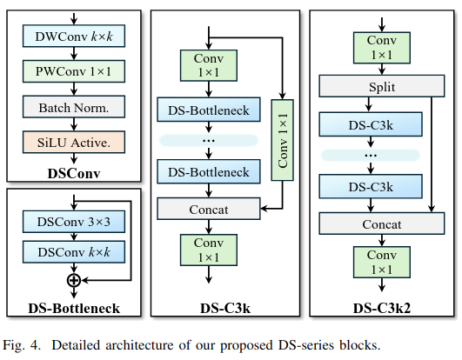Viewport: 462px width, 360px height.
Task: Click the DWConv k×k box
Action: click(74, 36)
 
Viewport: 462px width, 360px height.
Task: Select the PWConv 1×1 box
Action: click(74, 71)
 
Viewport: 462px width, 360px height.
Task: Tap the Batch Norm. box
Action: click(74, 107)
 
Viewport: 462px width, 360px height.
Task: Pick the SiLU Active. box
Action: click(74, 143)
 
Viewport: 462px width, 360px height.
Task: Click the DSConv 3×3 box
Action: click(74, 222)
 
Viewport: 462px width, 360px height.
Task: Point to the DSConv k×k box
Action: click(74, 252)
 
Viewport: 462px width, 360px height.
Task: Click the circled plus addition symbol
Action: click(74, 280)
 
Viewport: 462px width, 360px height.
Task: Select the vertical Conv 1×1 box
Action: click(282, 140)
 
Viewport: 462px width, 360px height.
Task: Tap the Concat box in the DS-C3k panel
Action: click(209, 209)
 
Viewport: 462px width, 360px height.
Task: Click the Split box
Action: click(382, 86)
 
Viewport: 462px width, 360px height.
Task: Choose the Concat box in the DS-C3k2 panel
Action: click(382, 223)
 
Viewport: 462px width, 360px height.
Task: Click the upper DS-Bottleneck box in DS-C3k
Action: click(209, 110)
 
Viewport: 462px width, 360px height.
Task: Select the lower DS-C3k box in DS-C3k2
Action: click(371, 187)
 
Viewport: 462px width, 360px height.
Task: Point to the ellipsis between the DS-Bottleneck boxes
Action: click(209, 140)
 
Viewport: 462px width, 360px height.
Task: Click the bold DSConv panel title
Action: click(74, 173)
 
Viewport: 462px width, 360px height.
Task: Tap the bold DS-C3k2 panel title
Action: click(382, 308)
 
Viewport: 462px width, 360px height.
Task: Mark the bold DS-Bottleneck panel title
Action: click(74, 308)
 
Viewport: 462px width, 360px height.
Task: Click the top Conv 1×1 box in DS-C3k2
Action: click(382, 48)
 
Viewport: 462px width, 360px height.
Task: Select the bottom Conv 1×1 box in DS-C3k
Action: click(209, 250)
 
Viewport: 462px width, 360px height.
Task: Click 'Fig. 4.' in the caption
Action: click(21, 345)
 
